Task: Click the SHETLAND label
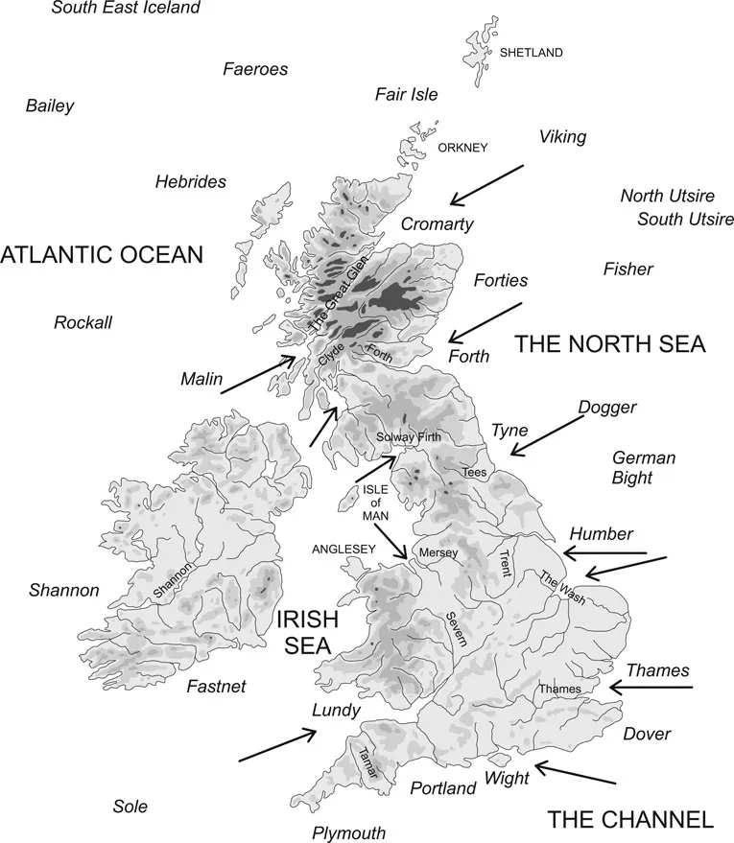531,53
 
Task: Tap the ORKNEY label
462,148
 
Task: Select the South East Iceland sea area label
126,9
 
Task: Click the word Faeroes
255,68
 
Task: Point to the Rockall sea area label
83,323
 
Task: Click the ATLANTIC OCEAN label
102,255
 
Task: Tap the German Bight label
643,467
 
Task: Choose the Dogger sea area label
607,408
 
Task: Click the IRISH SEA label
307,633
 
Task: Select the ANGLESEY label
341,550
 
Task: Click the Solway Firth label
410,437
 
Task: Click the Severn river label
456,634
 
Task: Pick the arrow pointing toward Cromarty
487,184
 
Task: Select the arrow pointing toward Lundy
277,746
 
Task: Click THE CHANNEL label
630,819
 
